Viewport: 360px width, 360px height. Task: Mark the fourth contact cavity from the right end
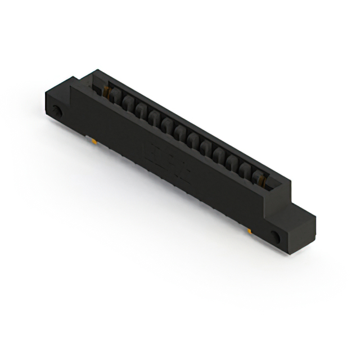tap(219, 155)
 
